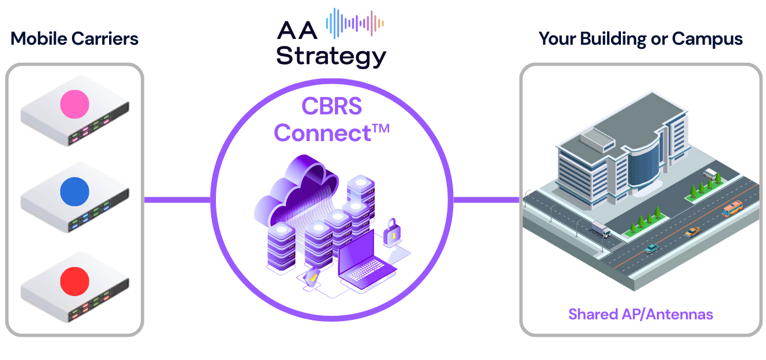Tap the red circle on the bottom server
(75, 281)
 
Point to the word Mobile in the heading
(39, 39)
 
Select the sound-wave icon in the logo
(355, 23)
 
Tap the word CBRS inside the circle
(331, 106)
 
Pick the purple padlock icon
(392, 232)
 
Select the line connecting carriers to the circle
(177, 200)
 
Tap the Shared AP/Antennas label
(641, 314)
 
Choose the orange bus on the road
(732, 208)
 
